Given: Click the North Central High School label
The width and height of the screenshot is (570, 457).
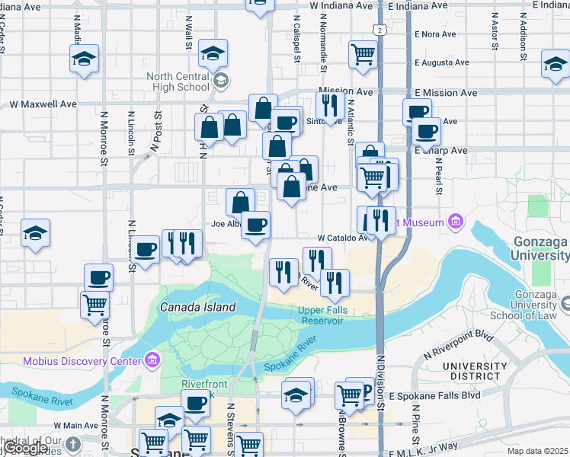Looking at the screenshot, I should tap(178, 81).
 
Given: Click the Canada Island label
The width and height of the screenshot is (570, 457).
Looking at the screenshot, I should tap(197, 307).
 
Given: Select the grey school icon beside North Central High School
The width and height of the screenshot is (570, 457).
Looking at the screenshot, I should tap(219, 80).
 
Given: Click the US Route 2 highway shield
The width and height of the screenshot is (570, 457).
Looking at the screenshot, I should tap(379, 29).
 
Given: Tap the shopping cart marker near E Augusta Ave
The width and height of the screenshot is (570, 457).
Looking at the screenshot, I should tap(363, 53).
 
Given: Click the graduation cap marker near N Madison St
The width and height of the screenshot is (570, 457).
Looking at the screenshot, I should tap(85, 57).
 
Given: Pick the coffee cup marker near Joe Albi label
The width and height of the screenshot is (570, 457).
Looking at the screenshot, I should tap(256, 224).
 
